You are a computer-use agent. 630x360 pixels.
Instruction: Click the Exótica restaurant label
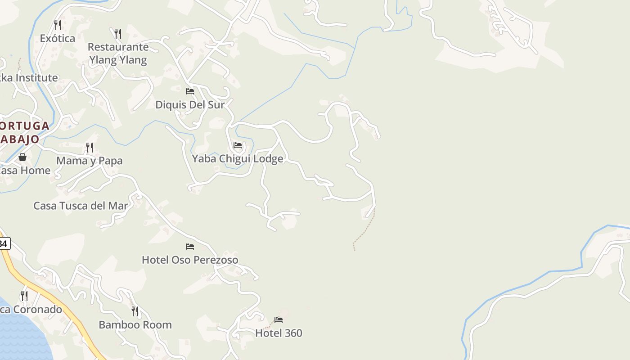click(x=57, y=38)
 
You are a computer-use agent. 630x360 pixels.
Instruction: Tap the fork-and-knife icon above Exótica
click(x=57, y=25)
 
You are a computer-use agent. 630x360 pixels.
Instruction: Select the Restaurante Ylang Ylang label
click(x=118, y=54)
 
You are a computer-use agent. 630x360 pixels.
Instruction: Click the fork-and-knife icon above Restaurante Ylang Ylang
click(x=117, y=33)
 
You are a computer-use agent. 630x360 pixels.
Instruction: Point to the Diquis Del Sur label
click(x=189, y=105)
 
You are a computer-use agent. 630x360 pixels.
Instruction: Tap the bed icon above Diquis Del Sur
click(x=190, y=91)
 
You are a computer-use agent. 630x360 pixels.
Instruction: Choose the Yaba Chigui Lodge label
click(x=238, y=158)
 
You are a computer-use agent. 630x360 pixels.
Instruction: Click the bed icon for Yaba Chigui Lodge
click(x=238, y=145)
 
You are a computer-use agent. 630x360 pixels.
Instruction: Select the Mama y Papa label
click(x=89, y=161)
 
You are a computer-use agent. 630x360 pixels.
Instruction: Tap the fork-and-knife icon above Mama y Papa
click(x=90, y=147)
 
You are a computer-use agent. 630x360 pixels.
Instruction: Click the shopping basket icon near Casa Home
click(x=22, y=157)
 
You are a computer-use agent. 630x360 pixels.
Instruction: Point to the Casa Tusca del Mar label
click(x=81, y=206)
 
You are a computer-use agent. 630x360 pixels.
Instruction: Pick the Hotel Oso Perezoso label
click(x=190, y=260)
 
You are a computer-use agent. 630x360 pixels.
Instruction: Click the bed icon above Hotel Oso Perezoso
click(x=190, y=247)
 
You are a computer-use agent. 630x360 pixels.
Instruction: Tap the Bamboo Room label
click(x=135, y=324)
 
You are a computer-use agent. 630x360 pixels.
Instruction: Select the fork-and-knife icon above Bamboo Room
click(x=135, y=311)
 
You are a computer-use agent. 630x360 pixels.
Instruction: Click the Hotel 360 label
click(x=279, y=333)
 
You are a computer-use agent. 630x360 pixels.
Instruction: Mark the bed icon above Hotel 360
click(x=279, y=320)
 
